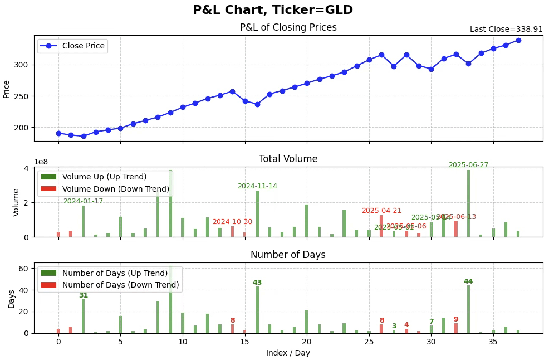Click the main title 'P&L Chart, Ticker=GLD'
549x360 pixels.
coord(273,10)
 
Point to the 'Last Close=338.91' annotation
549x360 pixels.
coord(506,30)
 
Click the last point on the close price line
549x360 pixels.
coord(518,40)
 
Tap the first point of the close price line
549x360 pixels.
coord(58,133)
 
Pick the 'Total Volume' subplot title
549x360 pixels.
coord(288,159)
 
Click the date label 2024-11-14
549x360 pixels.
coord(257,186)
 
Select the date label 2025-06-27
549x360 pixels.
coord(468,166)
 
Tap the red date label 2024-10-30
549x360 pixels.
coord(232,222)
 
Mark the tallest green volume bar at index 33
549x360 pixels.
coord(468,203)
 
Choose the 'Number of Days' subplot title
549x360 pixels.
coord(288,255)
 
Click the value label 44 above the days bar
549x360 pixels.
coord(468,281)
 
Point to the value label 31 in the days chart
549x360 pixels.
coord(83,295)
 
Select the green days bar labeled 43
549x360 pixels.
coord(257,310)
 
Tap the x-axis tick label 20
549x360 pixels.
coord(307,342)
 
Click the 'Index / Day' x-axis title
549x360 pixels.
coord(288,353)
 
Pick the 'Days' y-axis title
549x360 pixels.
coord(12,298)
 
